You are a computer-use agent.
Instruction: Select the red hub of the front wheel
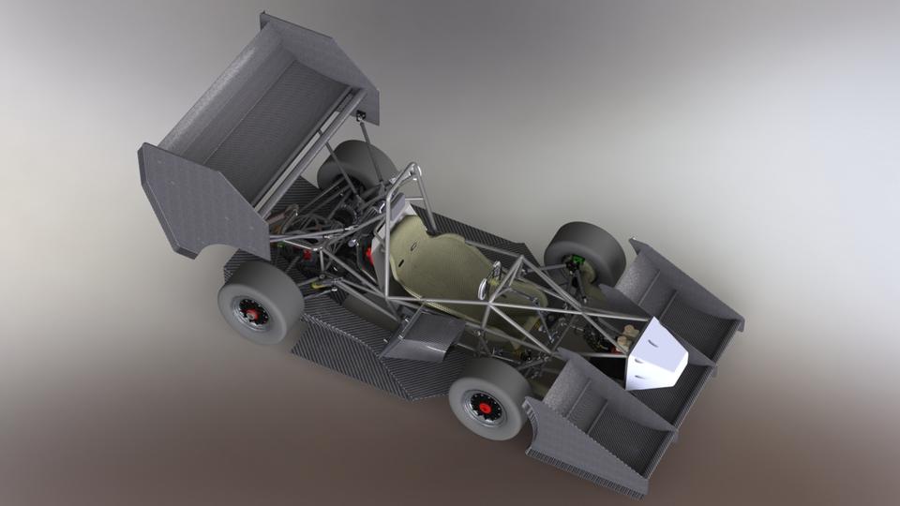pyautogui.click(x=485, y=407)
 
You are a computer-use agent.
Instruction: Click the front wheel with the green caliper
pyautogui.click(x=583, y=250)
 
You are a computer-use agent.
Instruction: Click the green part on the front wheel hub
pyautogui.click(x=577, y=260)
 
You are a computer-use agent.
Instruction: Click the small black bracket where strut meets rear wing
pyautogui.click(x=360, y=116)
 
